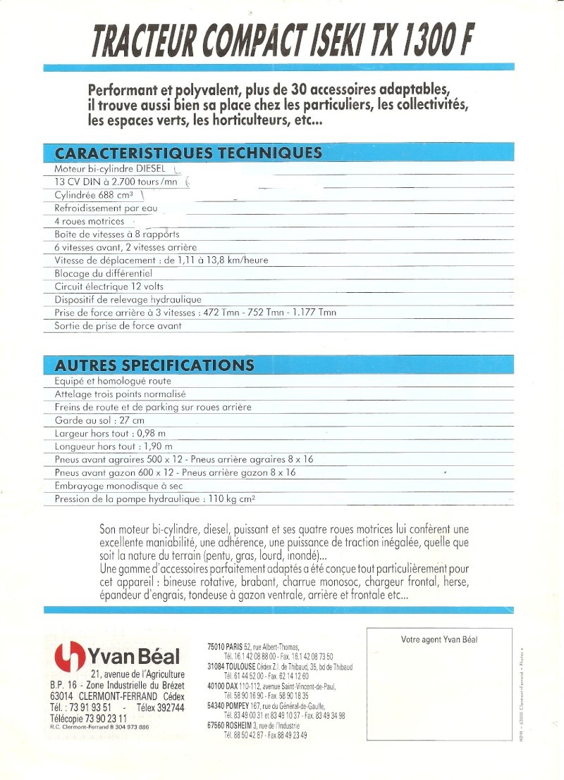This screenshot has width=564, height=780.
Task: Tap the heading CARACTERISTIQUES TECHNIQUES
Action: pyautogui.click(x=189, y=153)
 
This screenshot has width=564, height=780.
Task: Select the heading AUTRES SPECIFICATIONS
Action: pyautogui.click(x=154, y=365)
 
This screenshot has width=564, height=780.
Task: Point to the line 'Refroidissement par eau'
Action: pyautogui.click(x=106, y=208)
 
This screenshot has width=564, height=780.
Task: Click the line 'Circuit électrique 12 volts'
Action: pyautogui.click(x=109, y=287)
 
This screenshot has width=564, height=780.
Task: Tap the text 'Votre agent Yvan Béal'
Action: pyautogui.click(x=439, y=639)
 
